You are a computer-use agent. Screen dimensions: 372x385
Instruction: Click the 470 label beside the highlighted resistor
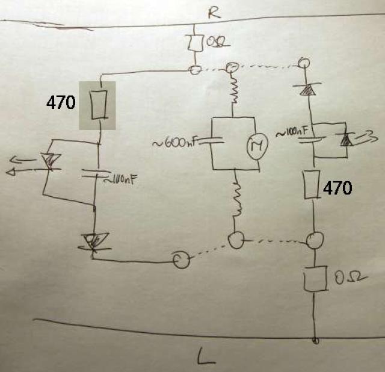[x=61, y=102]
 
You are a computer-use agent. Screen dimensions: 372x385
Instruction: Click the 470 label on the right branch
[x=337, y=188]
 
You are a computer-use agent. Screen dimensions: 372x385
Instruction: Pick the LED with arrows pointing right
[x=345, y=140]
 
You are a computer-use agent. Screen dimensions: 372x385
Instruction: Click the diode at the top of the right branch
[x=308, y=89]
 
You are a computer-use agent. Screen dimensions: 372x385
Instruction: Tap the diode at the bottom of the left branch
[x=93, y=242]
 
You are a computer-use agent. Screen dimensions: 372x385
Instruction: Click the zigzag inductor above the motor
[x=234, y=91]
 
